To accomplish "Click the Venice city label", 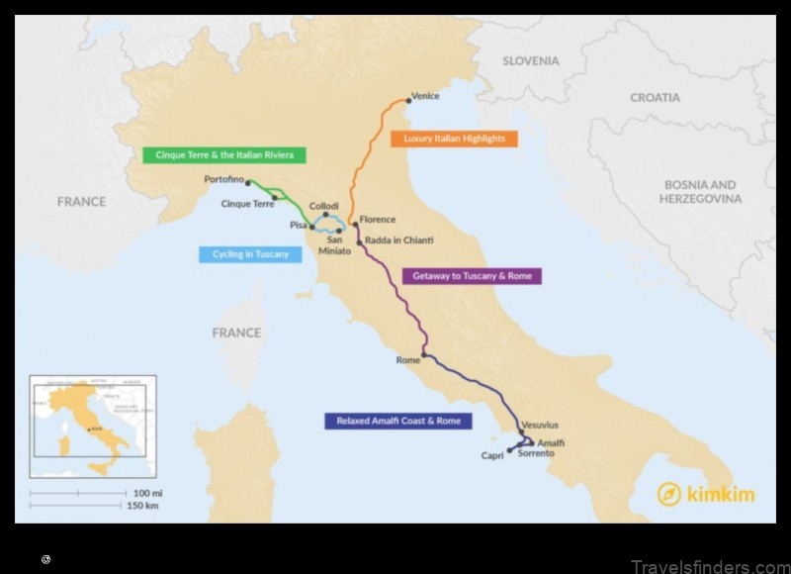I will click(426, 96).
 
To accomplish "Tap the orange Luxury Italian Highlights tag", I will click(454, 139).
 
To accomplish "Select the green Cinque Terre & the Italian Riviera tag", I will click(224, 155).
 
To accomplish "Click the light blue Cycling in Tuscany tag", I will click(250, 254).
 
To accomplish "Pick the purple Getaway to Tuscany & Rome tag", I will click(472, 276).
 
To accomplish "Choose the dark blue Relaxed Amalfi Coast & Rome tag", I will click(398, 421).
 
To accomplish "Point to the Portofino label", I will click(223, 179).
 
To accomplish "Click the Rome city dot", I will click(424, 353).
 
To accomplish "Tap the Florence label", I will click(378, 220).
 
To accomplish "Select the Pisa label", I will click(298, 226).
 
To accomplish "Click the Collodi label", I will click(324, 206).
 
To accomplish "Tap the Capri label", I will click(492, 456).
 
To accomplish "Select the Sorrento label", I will click(535, 455).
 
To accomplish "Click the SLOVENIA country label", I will click(531, 61).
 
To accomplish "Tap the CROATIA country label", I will click(656, 98).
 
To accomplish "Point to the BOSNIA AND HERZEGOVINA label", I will click(700, 192).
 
